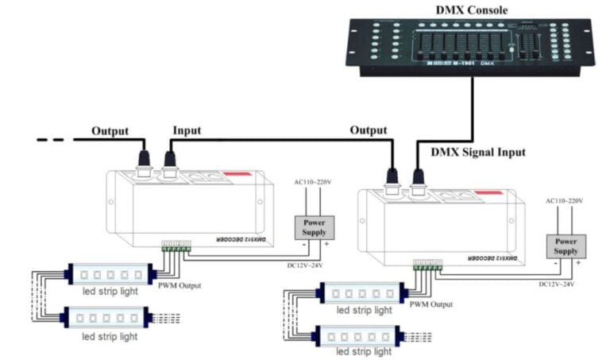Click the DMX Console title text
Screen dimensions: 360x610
pyautogui.click(x=472, y=10)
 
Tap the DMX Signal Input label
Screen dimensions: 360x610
pyautogui.click(x=477, y=152)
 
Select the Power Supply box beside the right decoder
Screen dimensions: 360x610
pyautogui.click(x=566, y=246)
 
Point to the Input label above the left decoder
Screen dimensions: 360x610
pyautogui.click(x=187, y=130)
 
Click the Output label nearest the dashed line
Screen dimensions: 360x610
pyautogui.click(x=110, y=130)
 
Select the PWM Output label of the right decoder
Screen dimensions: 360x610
pyautogui.click(x=431, y=304)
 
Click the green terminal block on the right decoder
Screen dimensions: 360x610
pyautogui.click(x=427, y=268)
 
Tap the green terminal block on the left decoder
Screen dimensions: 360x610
pyautogui.click(x=176, y=248)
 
